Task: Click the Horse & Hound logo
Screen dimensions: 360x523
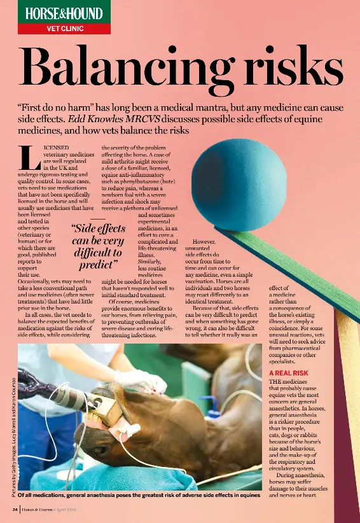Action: tap(64, 12)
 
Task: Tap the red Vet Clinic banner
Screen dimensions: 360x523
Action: tap(64, 29)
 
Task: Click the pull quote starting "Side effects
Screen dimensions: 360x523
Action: tap(97, 246)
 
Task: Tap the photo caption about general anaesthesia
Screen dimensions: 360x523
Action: tap(139, 494)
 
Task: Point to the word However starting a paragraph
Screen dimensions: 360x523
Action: tap(204, 242)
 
